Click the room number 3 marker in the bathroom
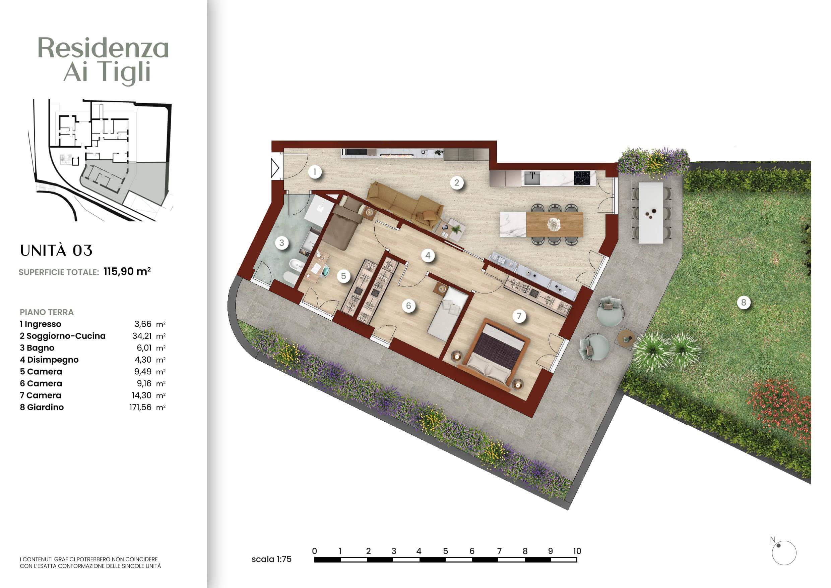point(281,243)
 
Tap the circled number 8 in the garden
point(744,302)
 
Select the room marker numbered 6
point(408,306)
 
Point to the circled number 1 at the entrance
point(315,171)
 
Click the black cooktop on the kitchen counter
point(584,177)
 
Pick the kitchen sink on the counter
point(532,178)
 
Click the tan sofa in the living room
point(405,205)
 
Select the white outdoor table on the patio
point(651,213)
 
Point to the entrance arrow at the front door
point(275,168)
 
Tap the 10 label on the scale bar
point(577,551)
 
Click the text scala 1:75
point(271,559)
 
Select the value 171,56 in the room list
point(140,407)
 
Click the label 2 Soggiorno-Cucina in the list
point(63,336)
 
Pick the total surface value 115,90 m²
point(127,271)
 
